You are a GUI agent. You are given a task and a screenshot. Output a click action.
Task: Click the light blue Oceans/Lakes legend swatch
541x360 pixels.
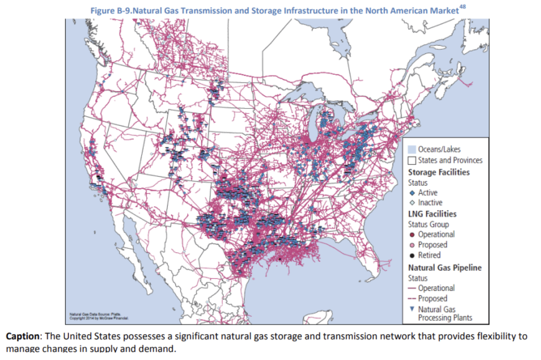[412, 149]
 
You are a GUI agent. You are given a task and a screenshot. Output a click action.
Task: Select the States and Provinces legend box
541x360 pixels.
[412, 160]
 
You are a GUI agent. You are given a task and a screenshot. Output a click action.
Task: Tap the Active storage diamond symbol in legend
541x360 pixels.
[412, 193]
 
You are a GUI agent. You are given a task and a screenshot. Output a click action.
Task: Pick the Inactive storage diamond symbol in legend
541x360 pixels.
[412, 203]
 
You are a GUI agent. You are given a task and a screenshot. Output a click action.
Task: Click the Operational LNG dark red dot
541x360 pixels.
[412, 235]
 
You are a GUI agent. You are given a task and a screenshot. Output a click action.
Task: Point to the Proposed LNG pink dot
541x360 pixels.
[412, 245]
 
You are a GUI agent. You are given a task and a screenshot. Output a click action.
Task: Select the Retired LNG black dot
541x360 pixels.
[412, 255]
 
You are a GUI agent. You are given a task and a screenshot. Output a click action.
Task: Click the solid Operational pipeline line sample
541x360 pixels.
[412, 288]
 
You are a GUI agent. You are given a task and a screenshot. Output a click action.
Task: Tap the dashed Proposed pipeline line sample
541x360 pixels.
[412, 299]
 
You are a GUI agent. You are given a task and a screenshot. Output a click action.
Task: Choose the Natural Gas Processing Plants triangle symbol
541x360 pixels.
[412, 309]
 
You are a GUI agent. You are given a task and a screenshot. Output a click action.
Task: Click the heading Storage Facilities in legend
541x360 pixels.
[439, 172]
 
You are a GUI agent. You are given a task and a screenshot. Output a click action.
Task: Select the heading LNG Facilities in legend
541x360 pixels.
[432, 214]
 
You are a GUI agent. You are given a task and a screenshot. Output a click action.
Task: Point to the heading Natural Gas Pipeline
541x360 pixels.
[444, 267]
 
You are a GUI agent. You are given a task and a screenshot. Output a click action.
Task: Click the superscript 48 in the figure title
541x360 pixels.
[463, 6]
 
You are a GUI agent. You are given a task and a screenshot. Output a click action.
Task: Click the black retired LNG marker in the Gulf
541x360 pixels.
[280, 259]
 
